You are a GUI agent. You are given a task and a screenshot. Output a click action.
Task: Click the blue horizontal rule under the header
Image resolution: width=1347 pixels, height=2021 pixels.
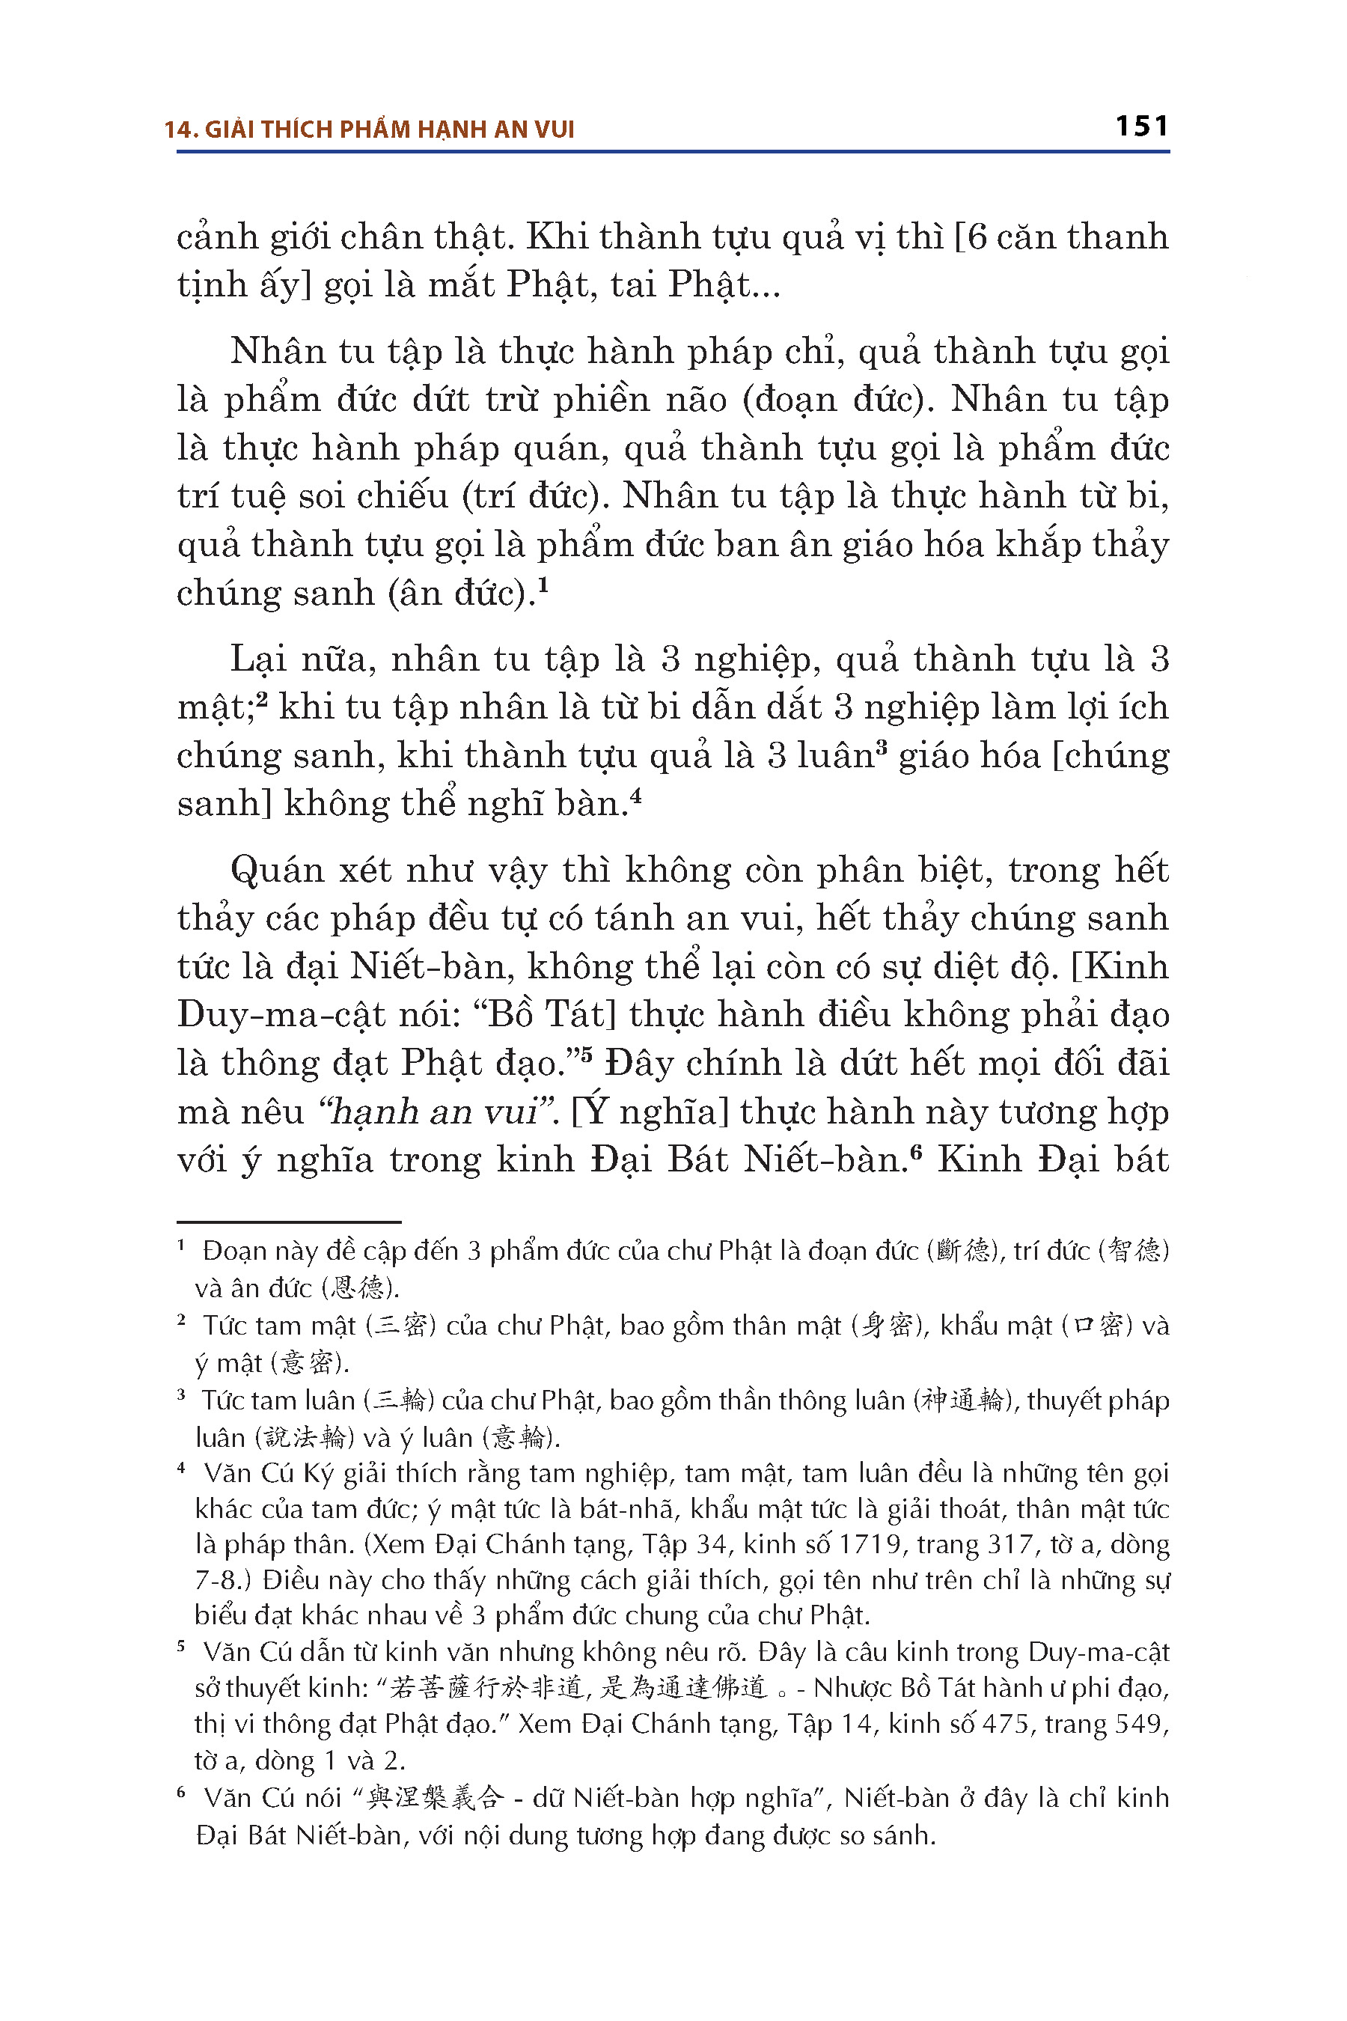pos(673,152)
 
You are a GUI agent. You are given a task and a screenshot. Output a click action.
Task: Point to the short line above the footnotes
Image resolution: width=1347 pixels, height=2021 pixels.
pos(289,1221)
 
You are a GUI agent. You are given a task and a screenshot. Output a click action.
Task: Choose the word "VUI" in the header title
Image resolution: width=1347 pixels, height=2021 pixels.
pos(554,129)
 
